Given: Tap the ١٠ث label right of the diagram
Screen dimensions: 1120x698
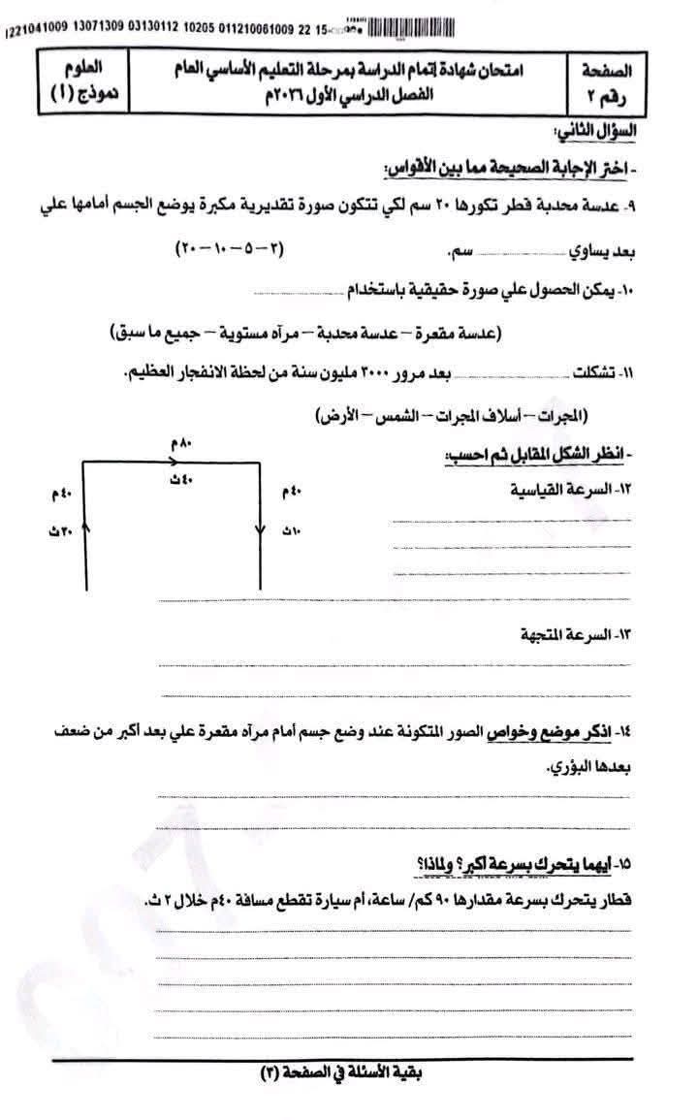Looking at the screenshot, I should [x=292, y=532].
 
